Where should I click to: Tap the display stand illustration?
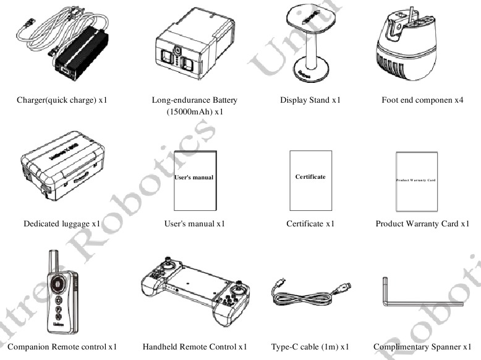click(310, 40)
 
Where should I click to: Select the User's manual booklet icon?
click(195, 180)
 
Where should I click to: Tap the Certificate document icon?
click(310, 180)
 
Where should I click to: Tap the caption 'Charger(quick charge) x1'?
click(66, 100)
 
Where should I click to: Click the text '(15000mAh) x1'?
click(194, 112)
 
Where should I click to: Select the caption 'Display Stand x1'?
click(310, 100)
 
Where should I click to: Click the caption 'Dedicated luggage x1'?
click(62, 223)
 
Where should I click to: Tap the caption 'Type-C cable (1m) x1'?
click(310, 346)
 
